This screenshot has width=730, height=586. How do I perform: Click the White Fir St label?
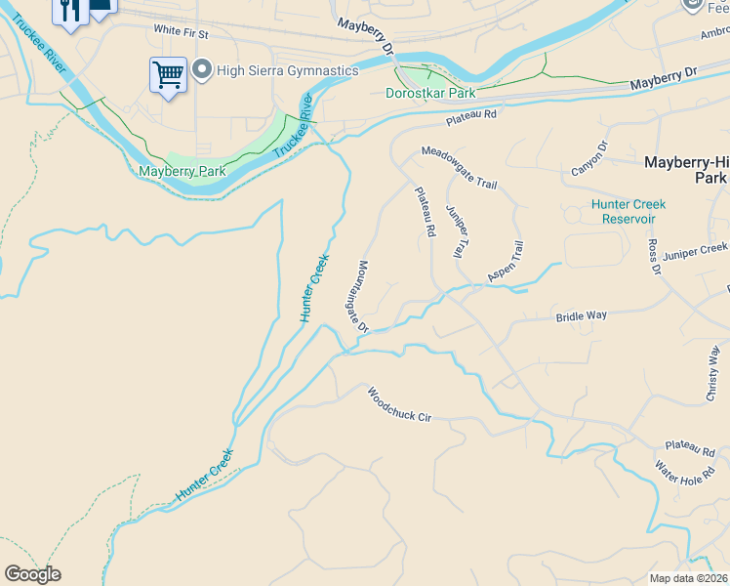(182, 32)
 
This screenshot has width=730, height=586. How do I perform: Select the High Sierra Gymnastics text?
(276, 69)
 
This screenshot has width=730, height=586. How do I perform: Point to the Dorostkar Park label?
(430, 94)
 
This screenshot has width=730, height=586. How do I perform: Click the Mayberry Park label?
(182, 171)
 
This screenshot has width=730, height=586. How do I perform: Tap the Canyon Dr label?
(589, 159)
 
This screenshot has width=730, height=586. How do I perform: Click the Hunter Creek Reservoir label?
(628, 211)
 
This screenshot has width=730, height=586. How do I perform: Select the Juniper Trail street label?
(456, 231)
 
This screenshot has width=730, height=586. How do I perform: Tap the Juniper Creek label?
(696, 253)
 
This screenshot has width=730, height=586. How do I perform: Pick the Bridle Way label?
(582, 316)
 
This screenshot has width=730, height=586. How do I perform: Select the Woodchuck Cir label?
(399, 404)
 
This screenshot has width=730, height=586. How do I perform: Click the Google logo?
(32, 574)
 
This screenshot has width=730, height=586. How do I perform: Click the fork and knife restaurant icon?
(68, 11)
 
